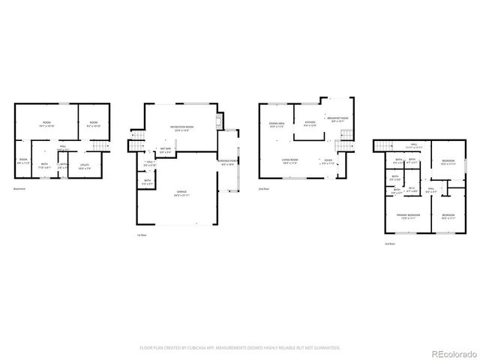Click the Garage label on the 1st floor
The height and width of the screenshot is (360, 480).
coord(181,193)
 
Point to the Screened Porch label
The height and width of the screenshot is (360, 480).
coord(228,160)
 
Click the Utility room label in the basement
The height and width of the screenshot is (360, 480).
coord(84,166)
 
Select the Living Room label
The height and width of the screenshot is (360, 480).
coord(290,161)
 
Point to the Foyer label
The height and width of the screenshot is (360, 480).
coord(328,161)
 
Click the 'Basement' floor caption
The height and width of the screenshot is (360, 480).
coord(19,188)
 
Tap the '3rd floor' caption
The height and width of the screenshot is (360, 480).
coord(389,244)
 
